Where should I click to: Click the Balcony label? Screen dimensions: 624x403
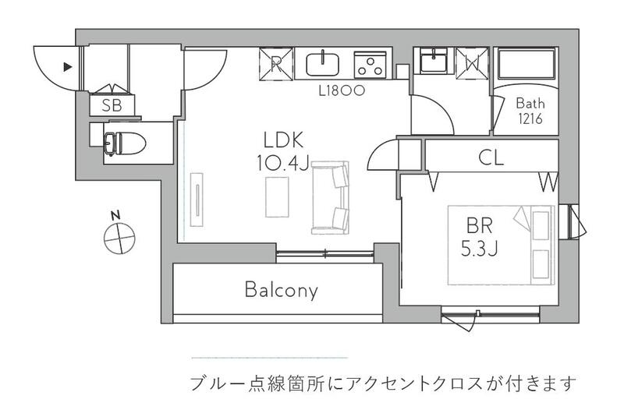[281, 290]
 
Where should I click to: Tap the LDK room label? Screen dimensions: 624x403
[284, 140]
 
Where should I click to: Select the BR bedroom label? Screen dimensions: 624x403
[480, 226]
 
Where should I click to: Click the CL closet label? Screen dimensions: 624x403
[491, 157]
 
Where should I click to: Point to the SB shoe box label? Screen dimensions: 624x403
[112, 106]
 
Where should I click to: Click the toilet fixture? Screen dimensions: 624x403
[125, 143]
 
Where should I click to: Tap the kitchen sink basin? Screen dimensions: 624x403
[323, 64]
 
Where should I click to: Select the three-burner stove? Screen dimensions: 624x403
[370, 65]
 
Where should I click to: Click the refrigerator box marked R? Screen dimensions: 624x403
[276, 64]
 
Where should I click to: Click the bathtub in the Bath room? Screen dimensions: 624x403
[526, 64]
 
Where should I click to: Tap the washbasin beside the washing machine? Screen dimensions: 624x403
[434, 61]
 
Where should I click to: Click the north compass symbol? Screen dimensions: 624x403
[119, 235]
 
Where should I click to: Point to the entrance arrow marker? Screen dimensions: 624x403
[68, 67]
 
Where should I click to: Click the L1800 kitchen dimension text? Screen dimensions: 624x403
[342, 91]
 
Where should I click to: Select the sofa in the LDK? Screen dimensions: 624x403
[330, 197]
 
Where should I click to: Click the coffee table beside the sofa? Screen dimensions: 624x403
[277, 197]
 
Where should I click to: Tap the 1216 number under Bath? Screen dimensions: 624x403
[530, 118]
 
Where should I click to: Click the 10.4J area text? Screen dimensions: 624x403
[282, 162]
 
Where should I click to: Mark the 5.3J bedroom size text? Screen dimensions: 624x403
[479, 248]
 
